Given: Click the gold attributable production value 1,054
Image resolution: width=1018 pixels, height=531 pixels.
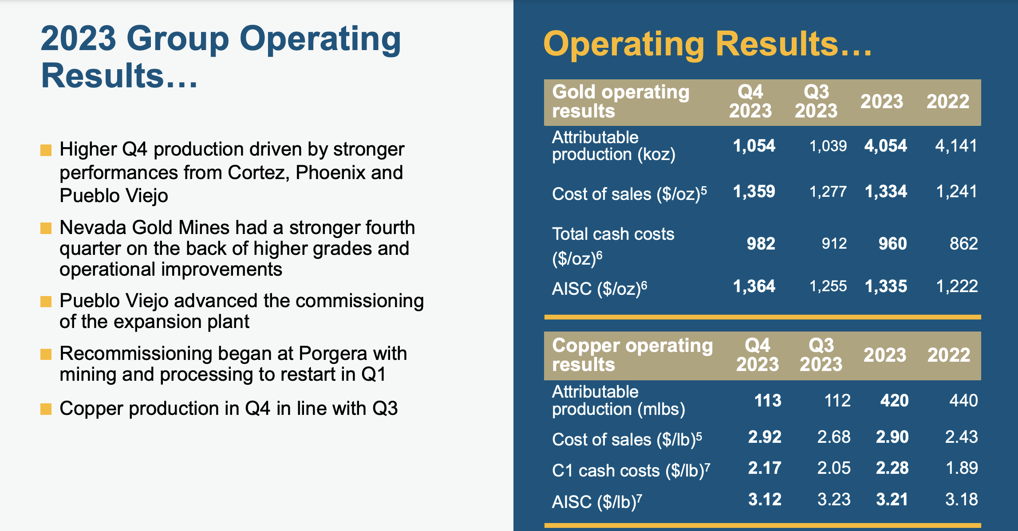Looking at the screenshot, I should click(754, 146).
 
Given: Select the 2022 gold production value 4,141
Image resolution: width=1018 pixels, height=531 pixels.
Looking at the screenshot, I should click(956, 146).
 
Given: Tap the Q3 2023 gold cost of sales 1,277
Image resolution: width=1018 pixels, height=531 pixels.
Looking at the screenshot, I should click(828, 191).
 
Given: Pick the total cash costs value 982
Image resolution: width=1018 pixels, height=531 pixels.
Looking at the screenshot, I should click(761, 244).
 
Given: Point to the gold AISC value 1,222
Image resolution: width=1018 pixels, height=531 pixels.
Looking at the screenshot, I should click(957, 286).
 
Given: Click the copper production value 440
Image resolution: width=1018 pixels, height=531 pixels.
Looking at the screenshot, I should click(963, 401).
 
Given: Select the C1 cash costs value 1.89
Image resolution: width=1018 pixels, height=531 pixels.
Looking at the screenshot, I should click(962, 468).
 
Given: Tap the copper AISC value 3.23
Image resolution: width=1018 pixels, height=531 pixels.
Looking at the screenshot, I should click(834, 500).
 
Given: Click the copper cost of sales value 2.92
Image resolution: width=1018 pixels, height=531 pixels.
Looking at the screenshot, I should click(764, 437).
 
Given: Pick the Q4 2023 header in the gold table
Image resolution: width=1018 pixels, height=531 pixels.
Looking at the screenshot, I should click(750, 102).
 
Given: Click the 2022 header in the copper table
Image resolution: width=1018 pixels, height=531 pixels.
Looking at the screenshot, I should click(949, 355).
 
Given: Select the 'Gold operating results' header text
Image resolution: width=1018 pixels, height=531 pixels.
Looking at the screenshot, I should click(620, 102).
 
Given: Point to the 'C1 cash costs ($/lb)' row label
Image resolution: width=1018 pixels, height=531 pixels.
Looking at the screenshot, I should click(631, 470).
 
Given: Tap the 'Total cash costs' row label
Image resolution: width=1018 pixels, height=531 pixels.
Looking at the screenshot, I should click(613, 234).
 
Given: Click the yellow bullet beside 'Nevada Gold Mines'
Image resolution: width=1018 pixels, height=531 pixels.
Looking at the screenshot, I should click(46, 228).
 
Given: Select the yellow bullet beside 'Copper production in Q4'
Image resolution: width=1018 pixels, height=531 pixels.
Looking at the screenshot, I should click(46, 409).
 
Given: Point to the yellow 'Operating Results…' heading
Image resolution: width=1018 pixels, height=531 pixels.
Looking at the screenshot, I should click(707, 44).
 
